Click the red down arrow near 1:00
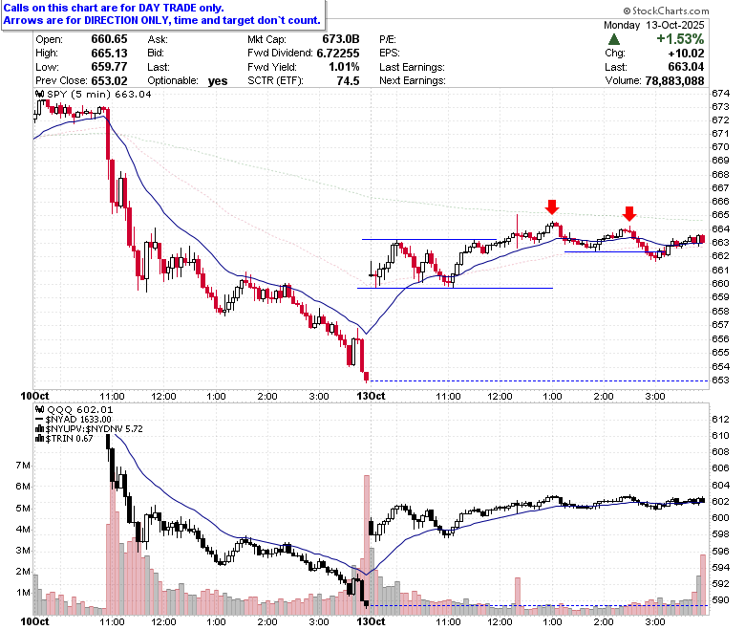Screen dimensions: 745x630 click(552, 206)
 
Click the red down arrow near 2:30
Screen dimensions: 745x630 click(629, 213)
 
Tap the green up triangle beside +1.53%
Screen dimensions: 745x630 click(614, 39)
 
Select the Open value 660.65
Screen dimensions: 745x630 click(109, 39)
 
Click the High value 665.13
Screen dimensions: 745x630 click(109, 54)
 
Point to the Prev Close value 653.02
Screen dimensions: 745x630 click(109, 81)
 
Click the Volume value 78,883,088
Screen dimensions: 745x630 click(674, 81)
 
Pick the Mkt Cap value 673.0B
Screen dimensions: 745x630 click(341, 39)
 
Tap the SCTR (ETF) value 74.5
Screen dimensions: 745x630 click(348, 81)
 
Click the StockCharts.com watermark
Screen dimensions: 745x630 click(666, 11)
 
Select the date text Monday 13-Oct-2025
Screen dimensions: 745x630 click(653, 25)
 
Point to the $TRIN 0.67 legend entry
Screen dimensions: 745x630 click(65, 439)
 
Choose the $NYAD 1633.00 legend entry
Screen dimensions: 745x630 click(74, 420)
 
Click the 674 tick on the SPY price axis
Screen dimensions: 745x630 click(720, 93)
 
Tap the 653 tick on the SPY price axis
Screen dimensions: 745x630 click(720, 380)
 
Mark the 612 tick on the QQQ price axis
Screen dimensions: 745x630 click(720, 420)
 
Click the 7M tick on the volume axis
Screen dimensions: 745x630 click(23, 465)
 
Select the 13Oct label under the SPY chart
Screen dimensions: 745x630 click(372, 396)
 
